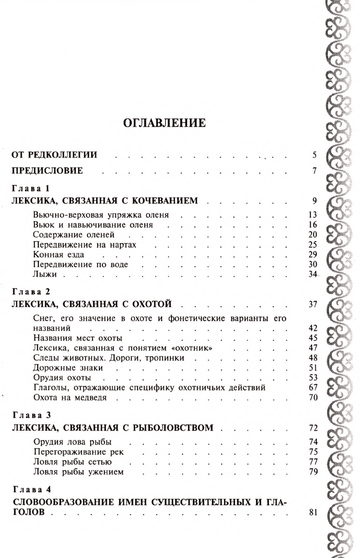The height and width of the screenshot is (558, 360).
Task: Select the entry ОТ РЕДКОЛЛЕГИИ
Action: coord(54,155)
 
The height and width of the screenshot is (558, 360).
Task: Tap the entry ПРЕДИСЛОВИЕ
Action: coord(47,171)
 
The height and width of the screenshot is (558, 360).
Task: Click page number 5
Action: coord(314,155)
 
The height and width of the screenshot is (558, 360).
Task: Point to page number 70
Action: coord(312,398)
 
